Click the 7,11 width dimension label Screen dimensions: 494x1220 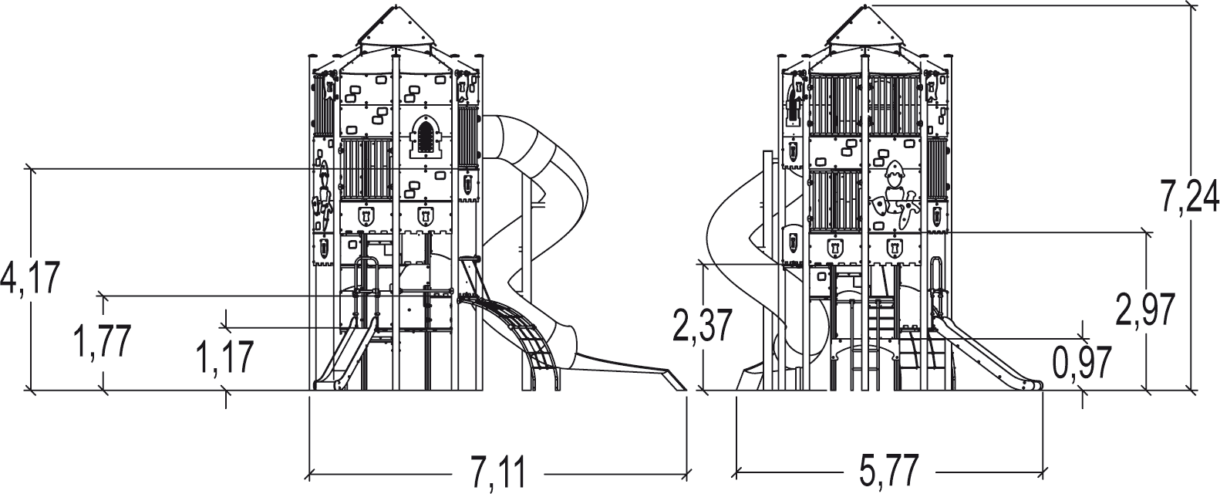[498, 472]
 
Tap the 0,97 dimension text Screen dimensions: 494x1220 [1082, 362]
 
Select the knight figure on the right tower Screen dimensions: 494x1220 [895, 197]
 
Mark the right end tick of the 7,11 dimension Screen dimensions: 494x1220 [686, 472]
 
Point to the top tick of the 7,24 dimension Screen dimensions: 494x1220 [1192, 6]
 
